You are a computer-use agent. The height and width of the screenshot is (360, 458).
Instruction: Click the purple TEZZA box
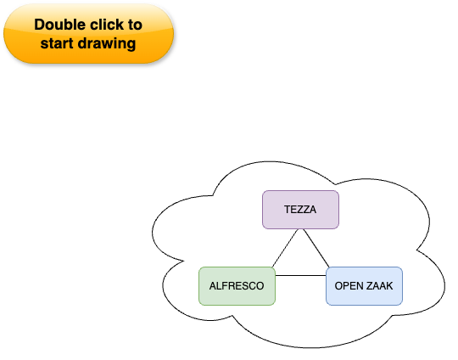pyautogui.click(x=300, y=210)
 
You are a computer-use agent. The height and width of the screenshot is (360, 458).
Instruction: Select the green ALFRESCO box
pyautogui.click(x=237, y=286)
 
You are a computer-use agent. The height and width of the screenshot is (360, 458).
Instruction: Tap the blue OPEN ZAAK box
pyautogui.click(x=364, y=286)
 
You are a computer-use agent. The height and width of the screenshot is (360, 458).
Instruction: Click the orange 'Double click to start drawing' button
pyautogui.click(x=88, y=34)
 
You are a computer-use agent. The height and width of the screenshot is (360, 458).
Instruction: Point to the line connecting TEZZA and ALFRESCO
pyautogui.click(x=285, y=248)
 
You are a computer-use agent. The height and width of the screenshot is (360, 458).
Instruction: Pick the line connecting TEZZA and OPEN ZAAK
pyautogui.click(x=316, y=248)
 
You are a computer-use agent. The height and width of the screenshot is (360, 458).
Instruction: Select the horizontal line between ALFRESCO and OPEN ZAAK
pyautogui.click(x=300, y=275)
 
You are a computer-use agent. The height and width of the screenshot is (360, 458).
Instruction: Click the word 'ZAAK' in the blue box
pyautogui.click(x=379, y=286)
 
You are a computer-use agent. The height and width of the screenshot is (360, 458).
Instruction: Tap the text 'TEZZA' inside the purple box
pyautogui.click(x=300, y=210)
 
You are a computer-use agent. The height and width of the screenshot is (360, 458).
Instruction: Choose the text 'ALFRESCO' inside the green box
pyautogui.click(x=237, y=286)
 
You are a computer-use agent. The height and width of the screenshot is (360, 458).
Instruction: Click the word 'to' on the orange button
pyautogui.click(x=135, y=25)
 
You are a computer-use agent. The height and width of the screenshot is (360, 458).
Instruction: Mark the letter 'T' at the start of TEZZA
pyautogui.click(x=288, y=210)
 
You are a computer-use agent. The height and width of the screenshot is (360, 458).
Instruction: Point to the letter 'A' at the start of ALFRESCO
pyautogui.click(x=213, y=286)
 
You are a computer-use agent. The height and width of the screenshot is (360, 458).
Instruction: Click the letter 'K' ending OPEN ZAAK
pyautogui.click(x=389, y=286)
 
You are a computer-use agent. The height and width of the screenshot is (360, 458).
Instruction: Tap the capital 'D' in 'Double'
pyautogui.click(x=39, y=25)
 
